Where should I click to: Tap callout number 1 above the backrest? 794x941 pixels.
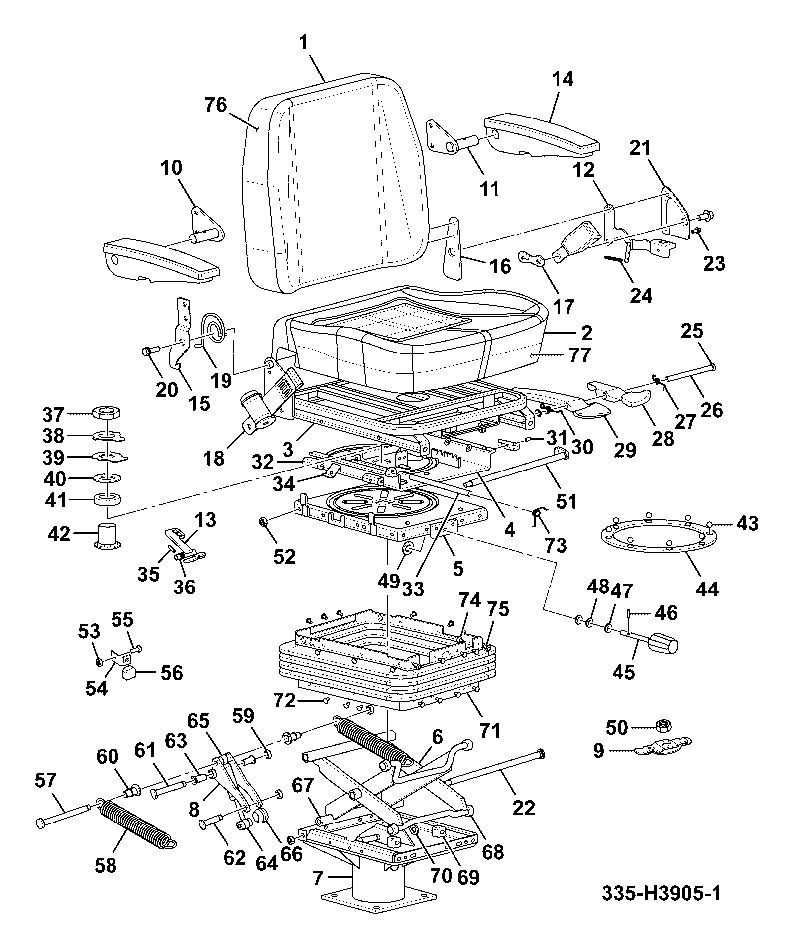tap(305, 43)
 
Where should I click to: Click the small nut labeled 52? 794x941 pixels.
tap(263, 522)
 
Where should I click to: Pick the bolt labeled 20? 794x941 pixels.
tap(154, 349)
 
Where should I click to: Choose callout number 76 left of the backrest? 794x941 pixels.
tap(215, 105)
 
